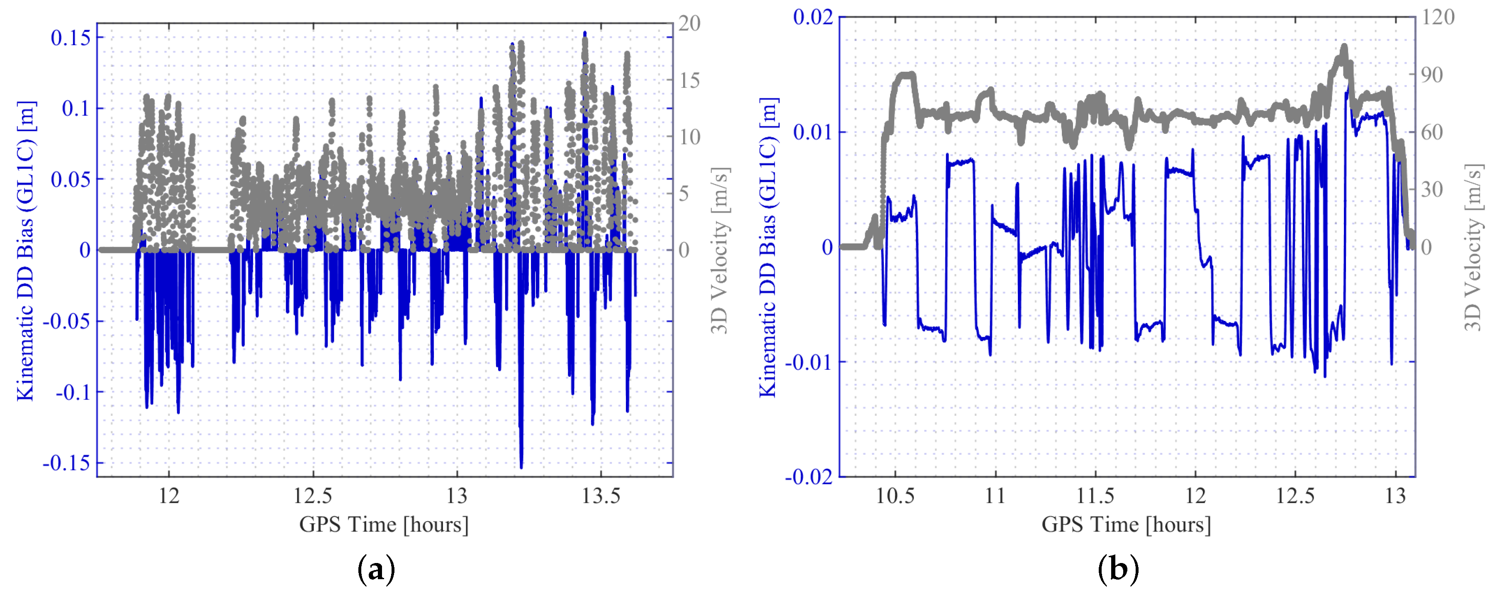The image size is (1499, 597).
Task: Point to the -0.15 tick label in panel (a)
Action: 66,463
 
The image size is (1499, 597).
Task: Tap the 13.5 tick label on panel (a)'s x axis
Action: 601,496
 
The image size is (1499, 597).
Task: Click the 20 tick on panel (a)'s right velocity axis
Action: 689,24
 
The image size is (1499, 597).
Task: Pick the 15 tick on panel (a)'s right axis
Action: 689,80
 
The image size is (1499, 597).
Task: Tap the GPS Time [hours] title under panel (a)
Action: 384,524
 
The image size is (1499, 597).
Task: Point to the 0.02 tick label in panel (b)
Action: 813,17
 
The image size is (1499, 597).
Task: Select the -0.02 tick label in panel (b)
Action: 809,477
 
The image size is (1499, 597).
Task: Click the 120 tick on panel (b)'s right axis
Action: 1438,17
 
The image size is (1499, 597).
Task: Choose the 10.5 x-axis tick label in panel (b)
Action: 895,496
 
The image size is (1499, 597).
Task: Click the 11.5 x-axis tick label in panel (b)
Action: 1095,496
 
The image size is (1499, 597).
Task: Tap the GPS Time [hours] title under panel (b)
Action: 1126,524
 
